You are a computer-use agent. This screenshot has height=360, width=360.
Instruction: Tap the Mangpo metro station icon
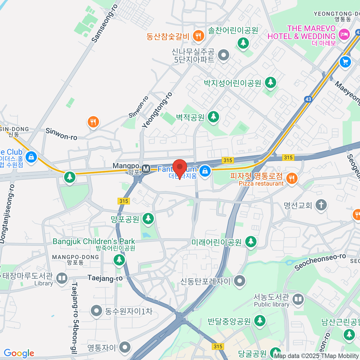[146, 169]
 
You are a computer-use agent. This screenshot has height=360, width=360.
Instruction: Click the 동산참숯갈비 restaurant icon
[198, 36]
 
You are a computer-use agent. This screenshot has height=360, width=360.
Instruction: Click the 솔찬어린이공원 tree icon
[243, 43]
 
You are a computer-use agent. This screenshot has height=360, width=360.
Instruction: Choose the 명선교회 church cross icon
[321, 205]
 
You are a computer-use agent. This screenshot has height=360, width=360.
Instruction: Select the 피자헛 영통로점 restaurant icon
[291, 178]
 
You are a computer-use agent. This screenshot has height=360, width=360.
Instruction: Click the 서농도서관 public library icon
[298, 299]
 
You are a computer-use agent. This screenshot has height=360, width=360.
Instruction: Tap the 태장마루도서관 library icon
[62, 278]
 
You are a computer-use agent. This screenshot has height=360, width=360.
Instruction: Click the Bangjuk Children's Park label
[94, 241]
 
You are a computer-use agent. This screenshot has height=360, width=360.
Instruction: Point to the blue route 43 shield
[308, 99]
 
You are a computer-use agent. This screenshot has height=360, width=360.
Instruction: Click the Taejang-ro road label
[105, 278]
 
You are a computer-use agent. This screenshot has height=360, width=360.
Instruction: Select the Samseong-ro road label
[104, 23]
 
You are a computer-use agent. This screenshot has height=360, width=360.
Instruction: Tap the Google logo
[19, 353]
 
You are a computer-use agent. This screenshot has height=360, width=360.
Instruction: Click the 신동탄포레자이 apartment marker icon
[239, 281]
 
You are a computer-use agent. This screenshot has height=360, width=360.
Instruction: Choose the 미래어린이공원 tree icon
[250, 241]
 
